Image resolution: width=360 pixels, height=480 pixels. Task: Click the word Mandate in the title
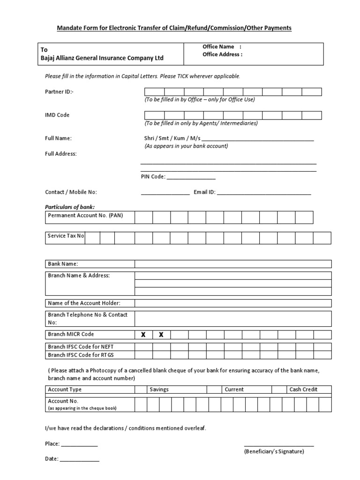tap(69, 28)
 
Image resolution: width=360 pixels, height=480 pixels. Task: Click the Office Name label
tap(218, 47)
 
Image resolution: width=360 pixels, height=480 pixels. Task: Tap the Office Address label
tap(222, 54)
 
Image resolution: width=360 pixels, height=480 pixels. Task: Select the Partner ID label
tap(59, 92)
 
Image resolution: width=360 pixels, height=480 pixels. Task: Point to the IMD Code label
tap(57, 115)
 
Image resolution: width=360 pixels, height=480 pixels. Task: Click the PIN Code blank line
tap(191, 178)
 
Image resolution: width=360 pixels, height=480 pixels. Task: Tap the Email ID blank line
tap(264, 193)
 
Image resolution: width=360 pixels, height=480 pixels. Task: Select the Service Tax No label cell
tap(66, 236)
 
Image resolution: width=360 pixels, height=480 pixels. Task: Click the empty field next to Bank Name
tap(233, 264)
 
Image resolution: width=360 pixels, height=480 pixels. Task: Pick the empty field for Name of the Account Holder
tap(233, 303)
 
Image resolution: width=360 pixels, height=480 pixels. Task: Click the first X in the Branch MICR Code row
tap(143, 335)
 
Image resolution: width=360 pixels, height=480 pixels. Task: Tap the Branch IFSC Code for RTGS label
tap(81, 355)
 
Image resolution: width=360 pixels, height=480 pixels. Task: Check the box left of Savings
tap(141, 390)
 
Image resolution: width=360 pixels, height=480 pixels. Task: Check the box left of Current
tap(215, 390)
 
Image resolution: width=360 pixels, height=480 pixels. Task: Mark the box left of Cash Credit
tap(280, 390)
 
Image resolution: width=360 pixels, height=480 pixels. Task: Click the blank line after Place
tap(79, 444)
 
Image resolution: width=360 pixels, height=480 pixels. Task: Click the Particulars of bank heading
tap(69, 207)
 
